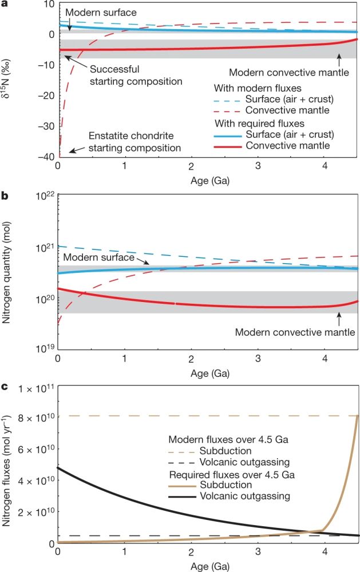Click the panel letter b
[x=5, y=196]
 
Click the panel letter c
[x=5, y=387]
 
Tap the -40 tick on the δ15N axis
[x=45, y=157]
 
